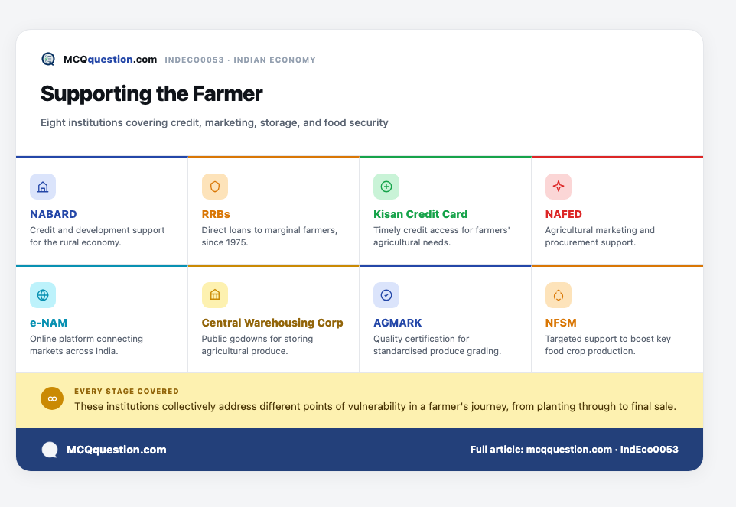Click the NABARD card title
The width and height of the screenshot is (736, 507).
53,214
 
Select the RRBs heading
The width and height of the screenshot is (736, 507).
216,214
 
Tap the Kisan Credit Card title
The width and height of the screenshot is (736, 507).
420,214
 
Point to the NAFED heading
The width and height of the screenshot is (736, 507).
563,214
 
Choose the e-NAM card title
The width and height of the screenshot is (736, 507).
48,323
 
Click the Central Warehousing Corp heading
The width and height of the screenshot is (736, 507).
272,323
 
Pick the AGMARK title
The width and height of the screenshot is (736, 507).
398,323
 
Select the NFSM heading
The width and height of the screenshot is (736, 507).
561,323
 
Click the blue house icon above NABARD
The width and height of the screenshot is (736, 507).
43,187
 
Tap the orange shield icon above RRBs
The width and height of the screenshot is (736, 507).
215,187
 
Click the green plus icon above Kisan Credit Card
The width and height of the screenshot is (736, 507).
386,187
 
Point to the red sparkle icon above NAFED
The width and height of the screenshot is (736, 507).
558,187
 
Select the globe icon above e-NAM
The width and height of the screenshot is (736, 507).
43,295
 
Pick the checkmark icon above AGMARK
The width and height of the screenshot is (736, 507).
386,295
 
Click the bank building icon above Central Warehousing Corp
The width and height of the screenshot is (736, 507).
215,295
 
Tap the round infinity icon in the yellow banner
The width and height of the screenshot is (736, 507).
52,398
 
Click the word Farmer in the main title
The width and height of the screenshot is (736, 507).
228,94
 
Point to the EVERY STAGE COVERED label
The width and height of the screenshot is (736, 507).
126,392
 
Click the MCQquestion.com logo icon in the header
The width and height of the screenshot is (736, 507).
48,59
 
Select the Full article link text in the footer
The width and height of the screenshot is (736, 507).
574,450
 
